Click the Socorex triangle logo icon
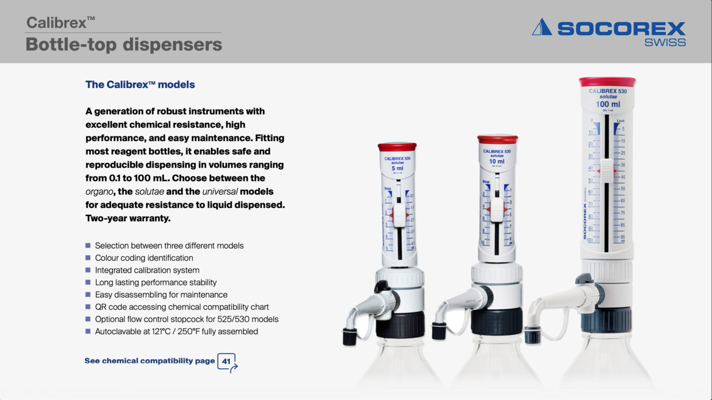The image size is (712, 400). tap(541, 27)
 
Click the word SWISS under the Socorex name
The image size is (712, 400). tap(665, 42)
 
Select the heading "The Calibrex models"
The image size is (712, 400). tap(140, 85)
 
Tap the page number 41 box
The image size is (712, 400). tap(226, 361)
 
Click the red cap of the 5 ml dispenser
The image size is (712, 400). tap(397, 147)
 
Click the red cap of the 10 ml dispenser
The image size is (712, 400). tap(497, 139)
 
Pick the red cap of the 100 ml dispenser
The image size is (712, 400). tap(607, 82)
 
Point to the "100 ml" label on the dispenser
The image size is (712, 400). tap(607, 104)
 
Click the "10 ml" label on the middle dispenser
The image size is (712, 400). tap(497, 161)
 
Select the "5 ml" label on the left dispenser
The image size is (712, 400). tap(397, 168)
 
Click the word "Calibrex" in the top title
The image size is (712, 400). tap(57, 23)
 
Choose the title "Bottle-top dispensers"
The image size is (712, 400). tap(123, 45)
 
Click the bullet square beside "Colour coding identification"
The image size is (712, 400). tap(88, 258)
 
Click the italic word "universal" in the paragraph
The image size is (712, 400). tap(220, 191)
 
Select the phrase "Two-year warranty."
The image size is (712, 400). tap(127, 218)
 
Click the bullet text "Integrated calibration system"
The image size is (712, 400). tap(147, 270)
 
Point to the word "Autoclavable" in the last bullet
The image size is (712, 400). tap(119, 332)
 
